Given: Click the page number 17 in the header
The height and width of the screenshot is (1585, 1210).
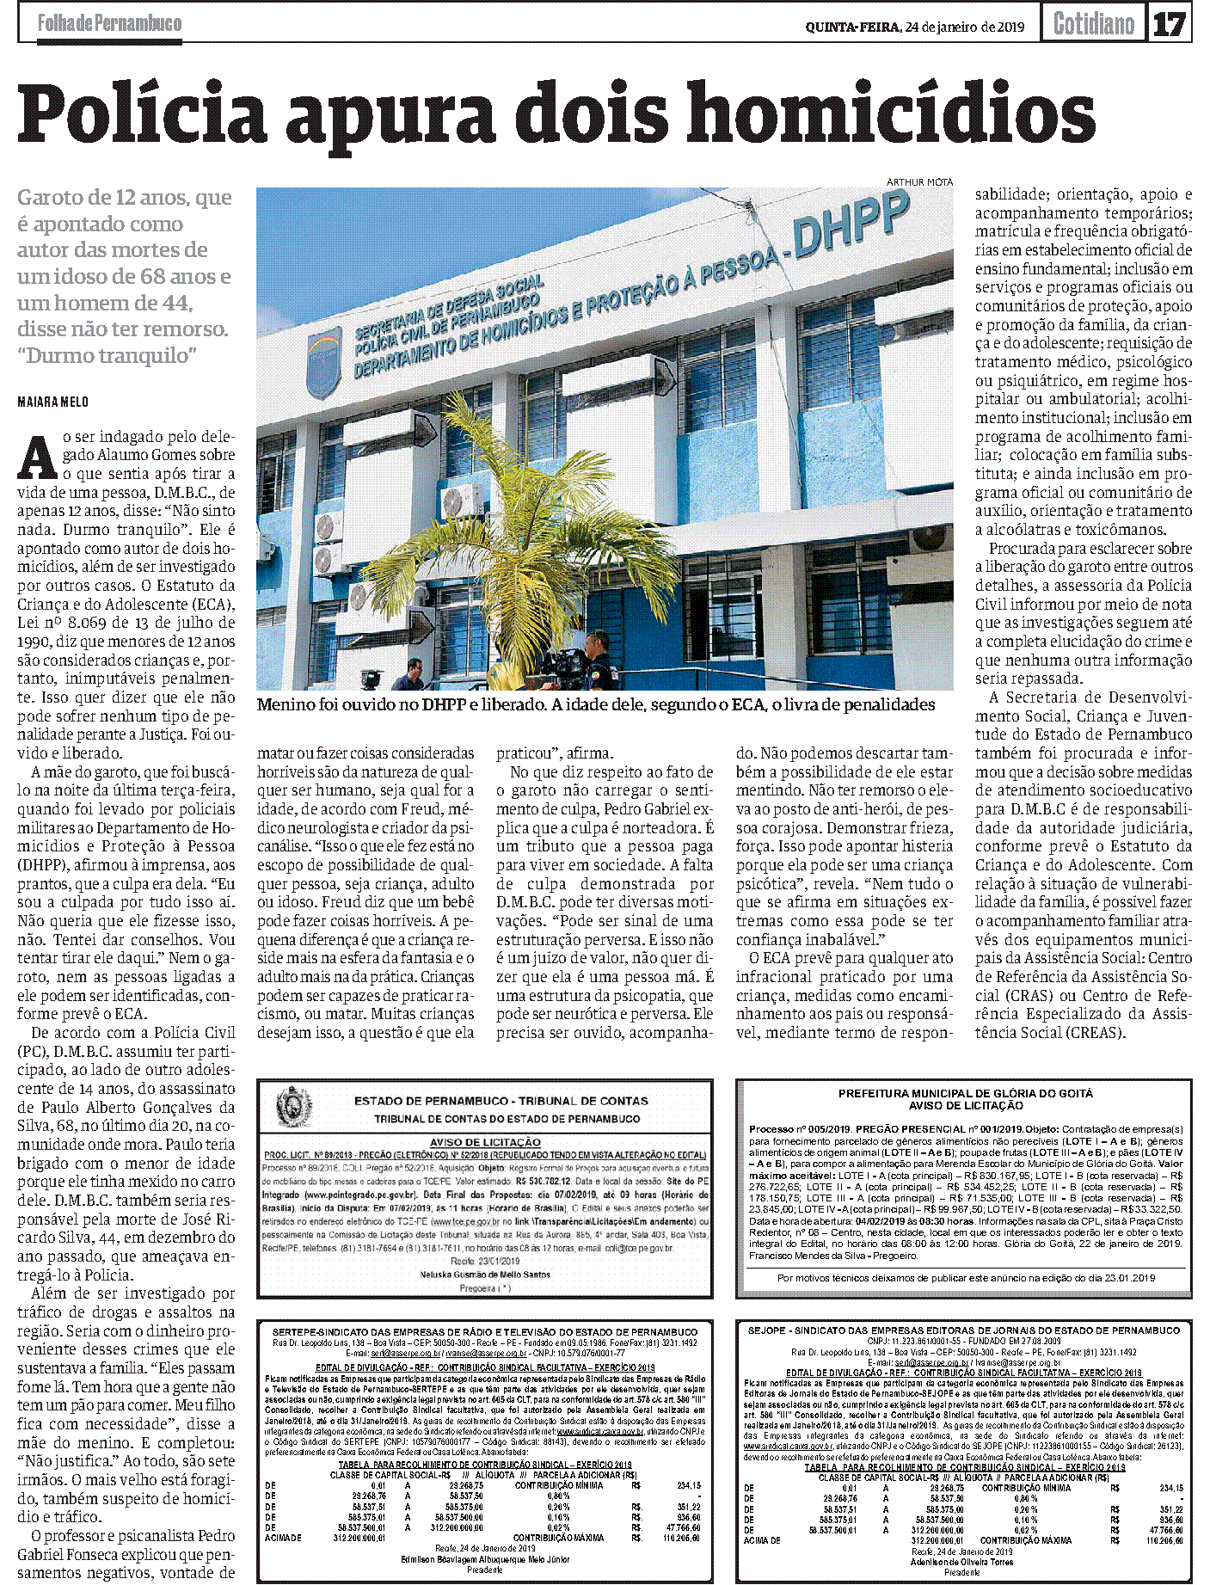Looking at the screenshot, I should (x=1170, y=24).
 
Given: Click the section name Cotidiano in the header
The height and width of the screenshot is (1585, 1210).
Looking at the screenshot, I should (x=1093, y=24).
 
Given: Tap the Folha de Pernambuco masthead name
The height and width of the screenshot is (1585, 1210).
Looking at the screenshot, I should (x=109, y=23).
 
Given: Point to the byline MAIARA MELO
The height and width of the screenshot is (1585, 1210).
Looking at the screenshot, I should (x=52, y=402).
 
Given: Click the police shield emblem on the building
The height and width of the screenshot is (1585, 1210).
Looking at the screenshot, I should (x=323, y=361).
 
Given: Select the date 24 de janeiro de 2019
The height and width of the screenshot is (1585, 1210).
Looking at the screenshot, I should (x=963, y=27).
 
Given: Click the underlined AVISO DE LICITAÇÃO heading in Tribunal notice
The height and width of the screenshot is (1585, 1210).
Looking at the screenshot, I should (x=486, y=1141).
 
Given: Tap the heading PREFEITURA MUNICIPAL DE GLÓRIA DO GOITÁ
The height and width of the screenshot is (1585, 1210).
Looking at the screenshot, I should (x=965, y=1093).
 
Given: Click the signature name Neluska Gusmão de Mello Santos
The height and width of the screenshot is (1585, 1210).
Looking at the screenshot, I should (x=485, y=1275).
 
